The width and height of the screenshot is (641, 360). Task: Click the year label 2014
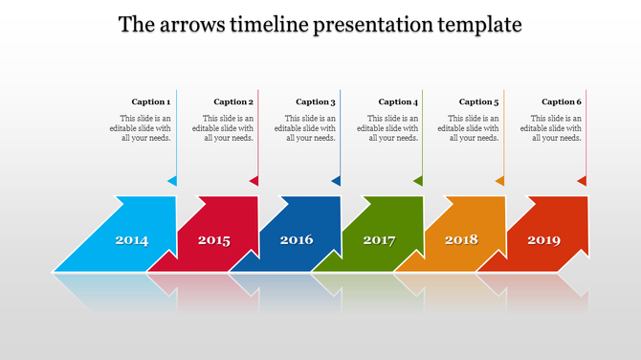coord(132,240)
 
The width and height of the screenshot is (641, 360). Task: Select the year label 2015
coord(214,240)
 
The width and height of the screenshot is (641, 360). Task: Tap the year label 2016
coord(297,239)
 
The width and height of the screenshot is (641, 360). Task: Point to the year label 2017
coord(379,240)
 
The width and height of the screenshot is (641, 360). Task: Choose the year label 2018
coord(461,239)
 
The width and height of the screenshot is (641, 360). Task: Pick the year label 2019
coord(543,239)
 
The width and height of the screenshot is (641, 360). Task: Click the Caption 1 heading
coord(151,101)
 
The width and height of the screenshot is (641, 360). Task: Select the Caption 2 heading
coord(233,101)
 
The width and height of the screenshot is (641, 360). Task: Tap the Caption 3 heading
coord(316,101)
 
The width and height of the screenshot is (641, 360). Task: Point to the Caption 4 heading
coord(398,101)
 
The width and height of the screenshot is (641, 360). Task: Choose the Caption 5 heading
coord(479,101)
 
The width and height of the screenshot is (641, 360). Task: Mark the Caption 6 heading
coord(562,101)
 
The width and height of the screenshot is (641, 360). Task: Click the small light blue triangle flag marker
coord(172,180)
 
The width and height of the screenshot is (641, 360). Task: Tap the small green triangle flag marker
coord(418,180)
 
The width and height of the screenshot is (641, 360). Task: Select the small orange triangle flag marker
coord(499,180)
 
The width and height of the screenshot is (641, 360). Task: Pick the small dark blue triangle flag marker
coord(336,180)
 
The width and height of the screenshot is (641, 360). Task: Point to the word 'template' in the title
coord(475,24)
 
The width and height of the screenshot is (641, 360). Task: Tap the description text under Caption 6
coord(557,127)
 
